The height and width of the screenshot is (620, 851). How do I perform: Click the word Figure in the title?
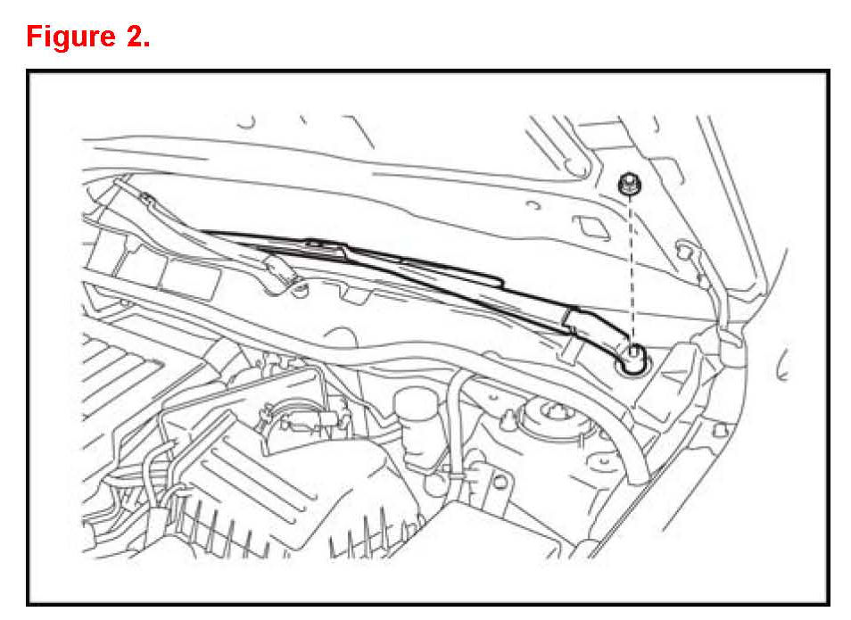[71, 37]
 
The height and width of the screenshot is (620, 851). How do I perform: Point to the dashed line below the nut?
[632, 269]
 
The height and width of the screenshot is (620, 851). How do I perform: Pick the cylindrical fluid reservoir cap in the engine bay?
[415, 404]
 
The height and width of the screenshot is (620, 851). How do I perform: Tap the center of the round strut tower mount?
[555, 413]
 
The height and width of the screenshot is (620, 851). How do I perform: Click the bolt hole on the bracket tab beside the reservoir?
[500, 482]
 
